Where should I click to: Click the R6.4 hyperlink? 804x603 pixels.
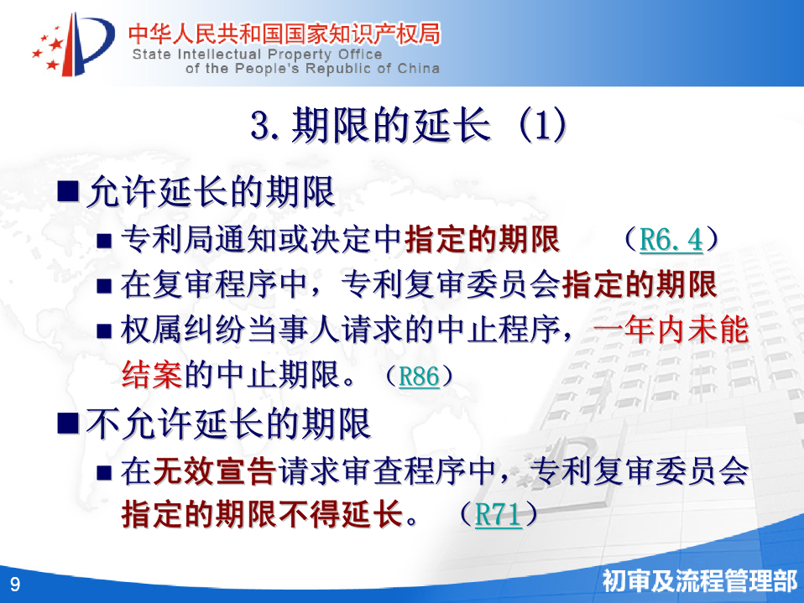(671, 239)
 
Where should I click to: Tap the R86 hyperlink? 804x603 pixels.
(419, 377)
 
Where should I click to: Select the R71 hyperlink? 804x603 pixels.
(499, 514)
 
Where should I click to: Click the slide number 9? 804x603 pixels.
(15, 584)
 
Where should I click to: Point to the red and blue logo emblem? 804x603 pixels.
(73, 44)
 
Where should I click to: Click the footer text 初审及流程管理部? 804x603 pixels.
(699, 581)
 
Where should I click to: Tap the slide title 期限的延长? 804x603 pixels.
(391, 125)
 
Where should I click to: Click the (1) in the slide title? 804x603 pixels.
(542, 125)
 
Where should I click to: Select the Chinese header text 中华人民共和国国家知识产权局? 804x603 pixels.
(284, 34)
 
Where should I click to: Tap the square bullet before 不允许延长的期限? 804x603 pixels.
(68, 424)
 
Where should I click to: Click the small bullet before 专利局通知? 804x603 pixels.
(104, 241)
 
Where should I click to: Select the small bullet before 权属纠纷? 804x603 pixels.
(104, 331)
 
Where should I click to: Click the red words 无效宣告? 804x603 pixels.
(214, 470)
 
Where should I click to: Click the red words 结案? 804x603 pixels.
(152, 375)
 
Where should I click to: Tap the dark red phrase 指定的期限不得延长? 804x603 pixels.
(263, 514)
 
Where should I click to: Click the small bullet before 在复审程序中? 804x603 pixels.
(104, 286)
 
